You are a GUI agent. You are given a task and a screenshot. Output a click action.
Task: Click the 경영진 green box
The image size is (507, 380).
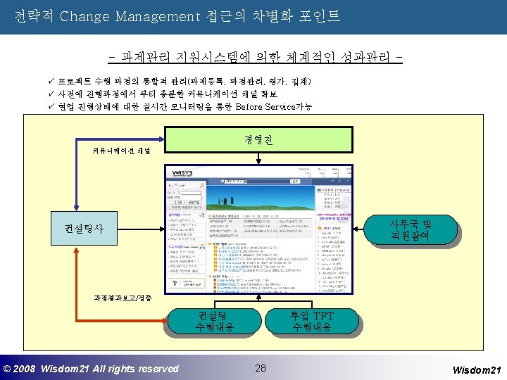pos(253,138)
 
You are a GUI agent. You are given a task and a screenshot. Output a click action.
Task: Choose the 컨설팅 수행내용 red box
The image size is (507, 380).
pos(211,320)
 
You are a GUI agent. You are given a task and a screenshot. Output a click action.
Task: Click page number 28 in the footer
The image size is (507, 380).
pos(261,368)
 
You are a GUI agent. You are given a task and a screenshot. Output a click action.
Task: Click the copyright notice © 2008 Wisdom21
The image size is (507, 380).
pos(92,369)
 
